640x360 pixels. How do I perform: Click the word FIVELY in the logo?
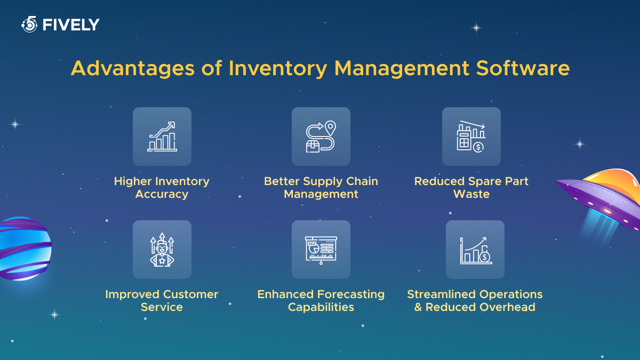click(71, 25)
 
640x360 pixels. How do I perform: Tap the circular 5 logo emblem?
click(29, 25)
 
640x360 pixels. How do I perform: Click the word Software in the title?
click(523, 68)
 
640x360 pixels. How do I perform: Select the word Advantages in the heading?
click(133, 69)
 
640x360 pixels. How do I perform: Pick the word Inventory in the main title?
click(278, 69)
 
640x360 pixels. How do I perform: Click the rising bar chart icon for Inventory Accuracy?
click(162, 137)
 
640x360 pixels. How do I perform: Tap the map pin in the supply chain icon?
click(330, 128)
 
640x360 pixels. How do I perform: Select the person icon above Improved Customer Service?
click(162, 250)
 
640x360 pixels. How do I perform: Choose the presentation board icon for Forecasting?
click(321, 250)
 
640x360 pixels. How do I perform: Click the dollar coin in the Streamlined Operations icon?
click(485, 257)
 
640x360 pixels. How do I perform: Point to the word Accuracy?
click(162, 194)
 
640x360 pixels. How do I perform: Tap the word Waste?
click(471, 194)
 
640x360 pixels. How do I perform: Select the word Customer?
click(190, 294)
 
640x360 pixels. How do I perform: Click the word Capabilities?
click(321, 307)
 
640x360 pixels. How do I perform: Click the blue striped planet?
click(25, 249)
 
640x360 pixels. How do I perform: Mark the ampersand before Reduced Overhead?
click(418, 307)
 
